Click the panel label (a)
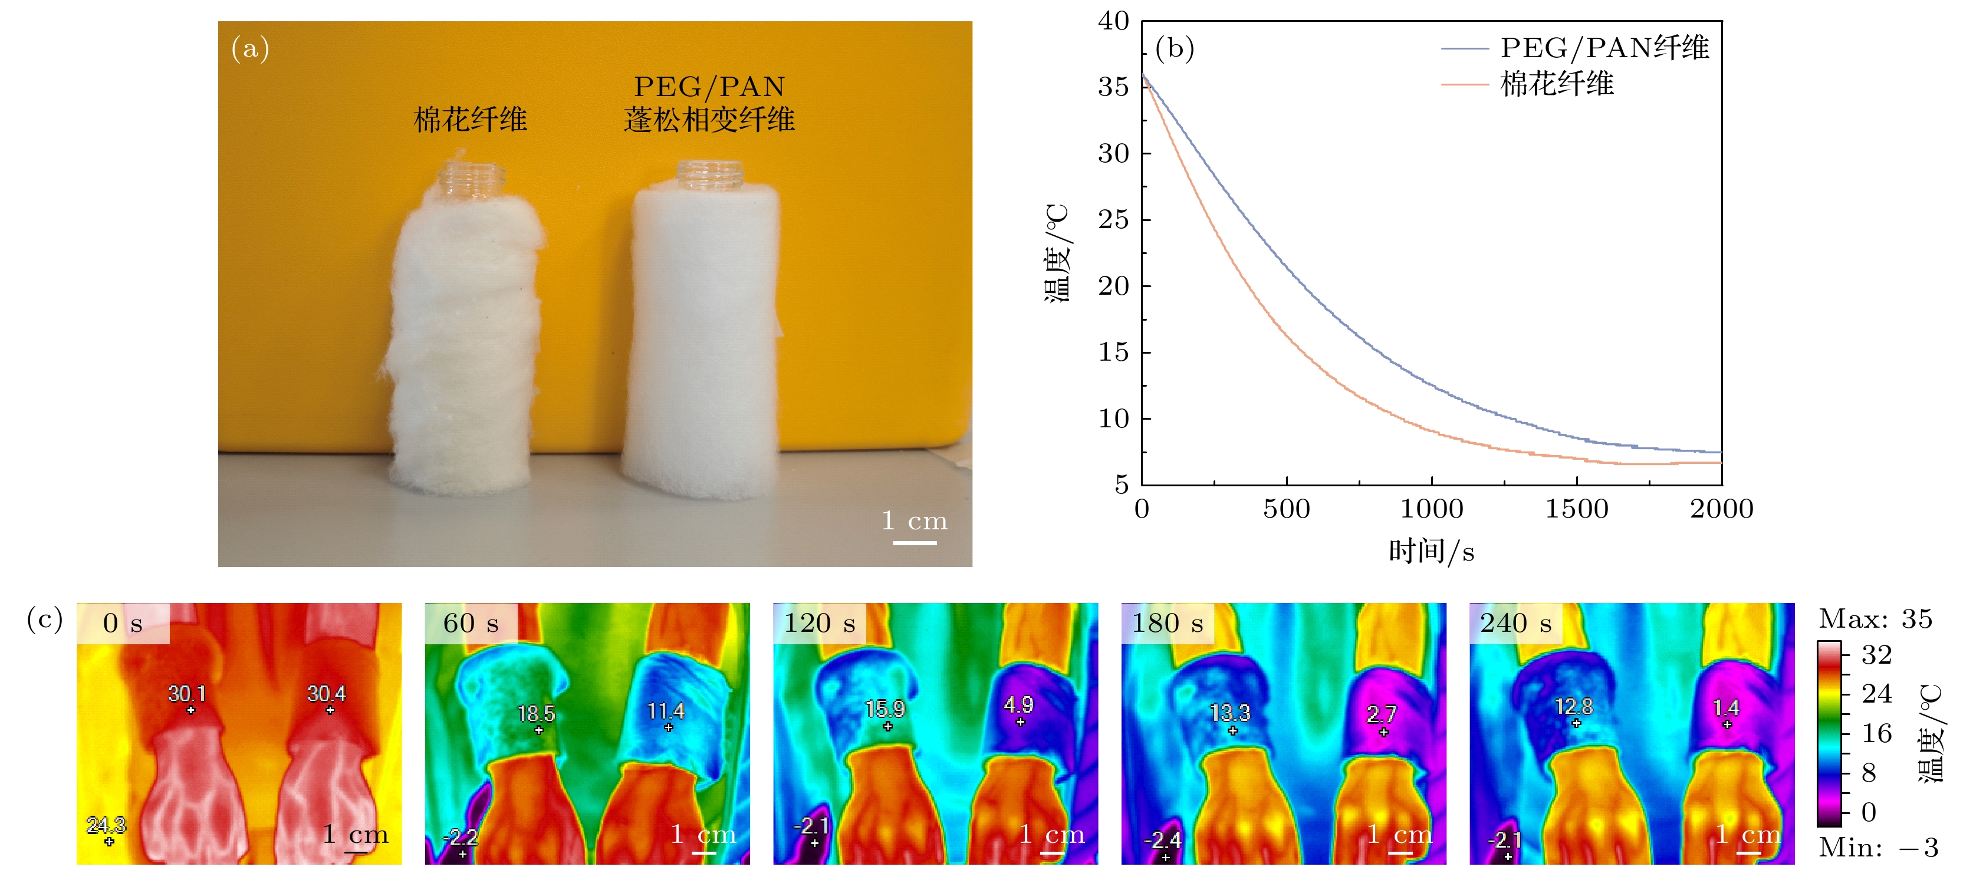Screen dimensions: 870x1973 tap(249, 48)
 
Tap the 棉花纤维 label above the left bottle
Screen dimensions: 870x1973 tap(471, 120)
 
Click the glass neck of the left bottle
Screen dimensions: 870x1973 tap(471, 181)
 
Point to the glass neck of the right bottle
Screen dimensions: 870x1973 tap(710, 176)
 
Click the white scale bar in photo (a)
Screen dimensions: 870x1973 tap(915, 543)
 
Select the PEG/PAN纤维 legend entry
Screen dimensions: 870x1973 tap(1604, 48)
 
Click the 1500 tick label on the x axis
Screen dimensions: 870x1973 tap(1576, 509)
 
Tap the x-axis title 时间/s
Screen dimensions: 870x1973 tap(1431, 551)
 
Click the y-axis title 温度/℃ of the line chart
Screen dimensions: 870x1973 tap(1057, 253)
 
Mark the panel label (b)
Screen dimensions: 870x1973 tap(1174, 48)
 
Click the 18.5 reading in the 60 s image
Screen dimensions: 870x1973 tap(536, 714)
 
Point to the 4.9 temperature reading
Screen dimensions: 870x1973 tap(1019, 704)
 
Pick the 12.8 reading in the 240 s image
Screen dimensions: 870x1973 tap(1573, 706)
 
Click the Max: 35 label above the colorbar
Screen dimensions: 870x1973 tap(1875, 619)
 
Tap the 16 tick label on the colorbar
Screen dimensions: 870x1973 tap(1876, 734)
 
